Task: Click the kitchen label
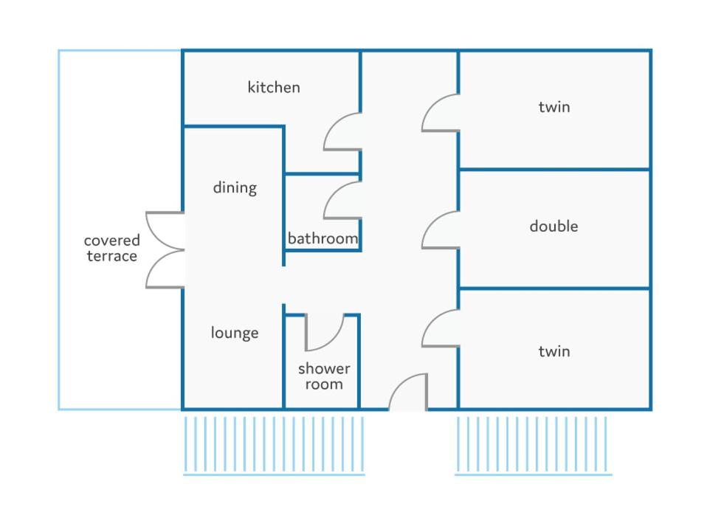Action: tap(274, 87)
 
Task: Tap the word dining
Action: tap(235, 187)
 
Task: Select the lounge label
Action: tap(235, 333)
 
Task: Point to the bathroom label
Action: tap(323, 238)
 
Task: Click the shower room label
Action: tap(324, 376)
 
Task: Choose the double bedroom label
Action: tap(553, 226)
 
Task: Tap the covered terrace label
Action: tap(112, 248)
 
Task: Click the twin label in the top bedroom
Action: tap(554, 107)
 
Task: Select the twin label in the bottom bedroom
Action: tap(554, 351)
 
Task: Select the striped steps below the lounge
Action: tap(274, 446)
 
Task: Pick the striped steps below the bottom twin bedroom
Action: tap(534, 446)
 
